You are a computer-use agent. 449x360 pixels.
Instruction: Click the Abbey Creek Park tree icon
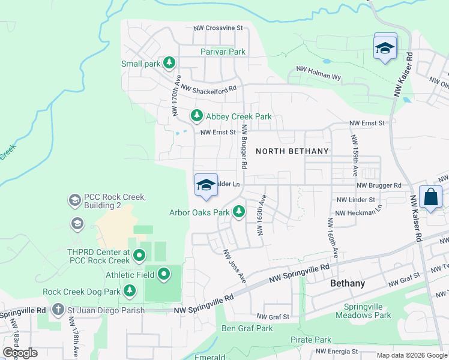(196, 115)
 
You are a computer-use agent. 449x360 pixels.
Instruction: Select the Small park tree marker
(169, 62)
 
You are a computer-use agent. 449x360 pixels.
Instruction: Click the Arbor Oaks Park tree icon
(239, 211)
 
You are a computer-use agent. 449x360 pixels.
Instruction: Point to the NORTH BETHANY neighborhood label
(292, 151)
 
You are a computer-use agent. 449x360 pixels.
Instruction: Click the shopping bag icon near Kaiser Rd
(431, 197)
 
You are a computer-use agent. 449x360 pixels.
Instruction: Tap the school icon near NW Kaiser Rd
(385, 47)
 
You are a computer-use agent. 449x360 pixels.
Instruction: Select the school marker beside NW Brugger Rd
(205, 185)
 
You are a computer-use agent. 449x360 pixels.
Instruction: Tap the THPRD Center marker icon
(139, 256)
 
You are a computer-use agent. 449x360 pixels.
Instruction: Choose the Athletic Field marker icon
(164, 275)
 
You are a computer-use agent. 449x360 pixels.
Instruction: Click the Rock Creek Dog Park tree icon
(130, 291)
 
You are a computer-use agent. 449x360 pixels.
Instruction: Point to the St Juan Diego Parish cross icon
(58, 310)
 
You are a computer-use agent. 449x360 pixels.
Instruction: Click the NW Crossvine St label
(218, 28)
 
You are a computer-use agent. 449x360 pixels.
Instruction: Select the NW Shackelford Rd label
(208, 88)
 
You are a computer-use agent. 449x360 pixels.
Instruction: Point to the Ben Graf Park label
(247, 328)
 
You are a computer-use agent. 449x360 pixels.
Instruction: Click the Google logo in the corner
(20, 353)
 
